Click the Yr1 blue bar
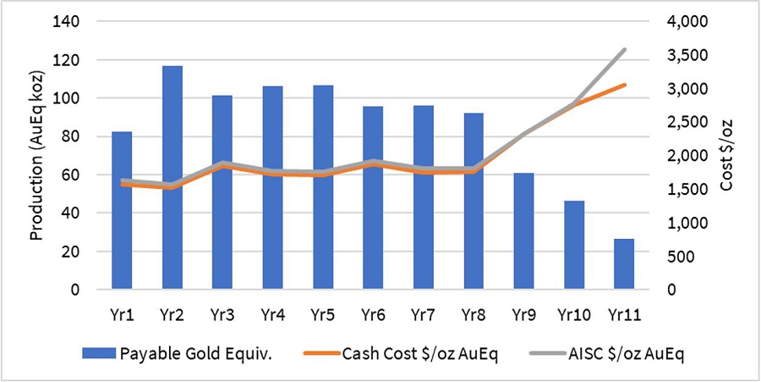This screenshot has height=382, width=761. point(122,237)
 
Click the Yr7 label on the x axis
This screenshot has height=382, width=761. point(423,314)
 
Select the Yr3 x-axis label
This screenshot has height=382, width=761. point(222,314)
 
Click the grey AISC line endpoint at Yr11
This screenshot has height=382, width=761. point(624,49)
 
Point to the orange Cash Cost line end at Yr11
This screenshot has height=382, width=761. point(624,85)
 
